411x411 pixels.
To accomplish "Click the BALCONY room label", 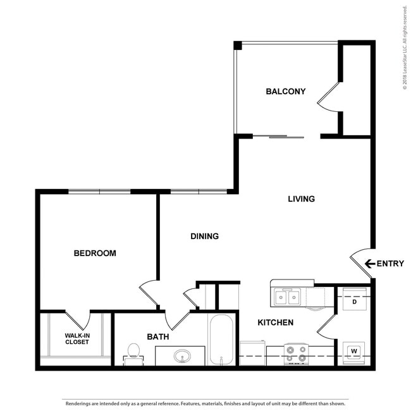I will click(285, 92).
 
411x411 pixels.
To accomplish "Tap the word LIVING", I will click(301, 199).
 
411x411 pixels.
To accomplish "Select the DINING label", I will click(204, 236).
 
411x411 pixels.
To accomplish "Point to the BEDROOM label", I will click(95, 254).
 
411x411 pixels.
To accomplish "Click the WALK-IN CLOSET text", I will click(77, 339).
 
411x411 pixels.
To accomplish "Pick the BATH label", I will click(157, 337).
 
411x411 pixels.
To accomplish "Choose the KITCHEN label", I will click(275, 323).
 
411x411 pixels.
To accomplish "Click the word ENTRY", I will click(390, 264).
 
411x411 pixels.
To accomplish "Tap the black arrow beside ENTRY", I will click(370, 264).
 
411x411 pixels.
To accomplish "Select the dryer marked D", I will click(354, 302).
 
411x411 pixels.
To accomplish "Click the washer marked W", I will click(353, 352).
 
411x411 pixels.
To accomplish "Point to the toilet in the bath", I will click(133, 351).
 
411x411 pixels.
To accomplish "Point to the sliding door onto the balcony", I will click(286, 136).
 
